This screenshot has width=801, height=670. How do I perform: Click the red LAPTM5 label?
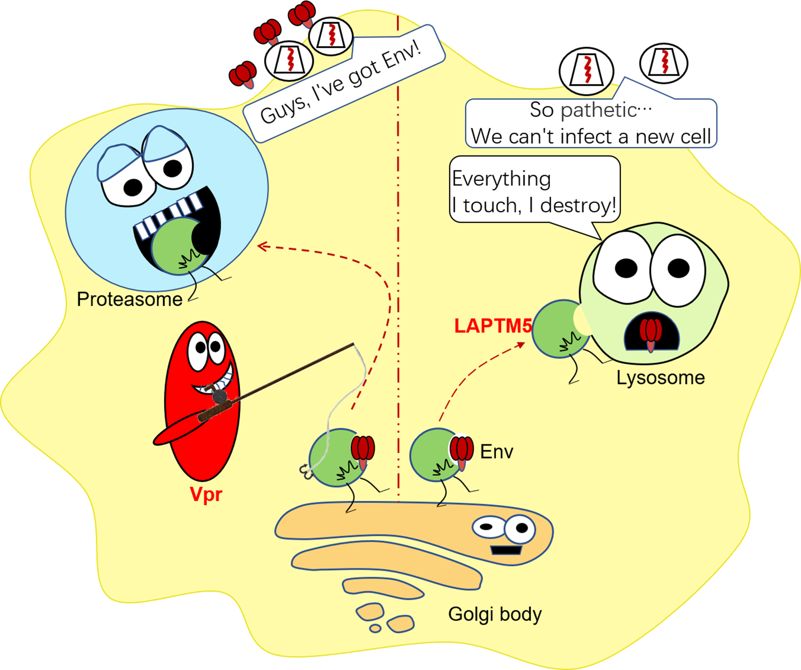(493, 327)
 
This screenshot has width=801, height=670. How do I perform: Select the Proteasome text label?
(129, 299)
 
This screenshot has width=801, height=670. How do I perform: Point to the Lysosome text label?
(661, 378)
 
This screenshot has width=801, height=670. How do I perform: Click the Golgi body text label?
(495, 614)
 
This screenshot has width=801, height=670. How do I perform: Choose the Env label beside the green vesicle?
(496, 452)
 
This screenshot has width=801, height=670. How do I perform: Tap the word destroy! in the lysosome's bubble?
(578, 205)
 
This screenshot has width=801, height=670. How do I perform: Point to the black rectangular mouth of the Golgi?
(506, 550)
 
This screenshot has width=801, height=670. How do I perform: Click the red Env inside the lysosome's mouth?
(650, 332)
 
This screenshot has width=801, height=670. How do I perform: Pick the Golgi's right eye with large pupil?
(519, 529)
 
